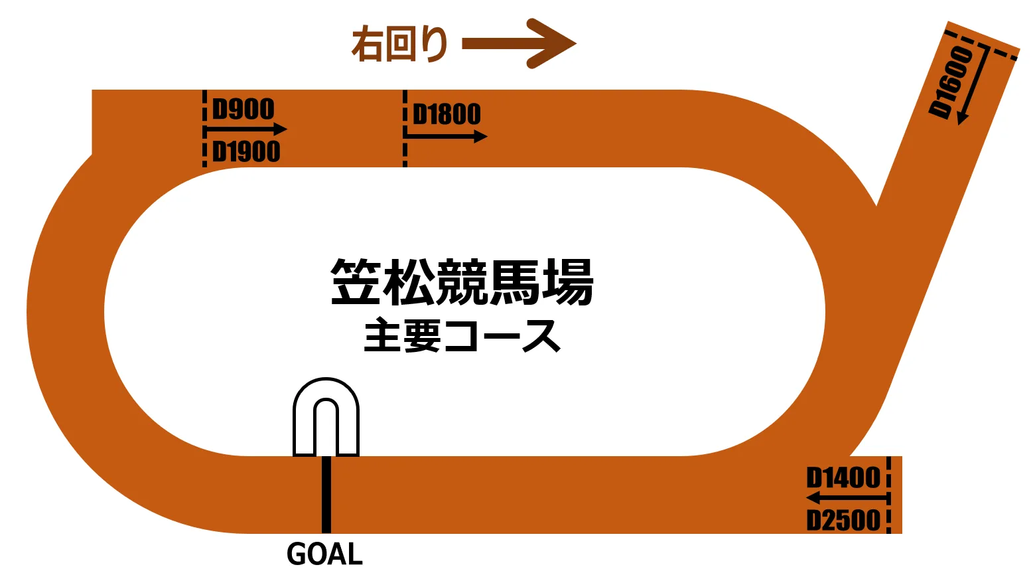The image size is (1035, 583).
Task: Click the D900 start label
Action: coord(243,110)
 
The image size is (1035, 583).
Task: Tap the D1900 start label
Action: coord(246,152)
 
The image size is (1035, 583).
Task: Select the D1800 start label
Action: coord(447,114)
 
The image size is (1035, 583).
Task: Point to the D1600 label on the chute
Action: coord(951,82)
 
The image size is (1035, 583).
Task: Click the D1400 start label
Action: coord(843,477)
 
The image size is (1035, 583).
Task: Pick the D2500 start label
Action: coord(843,520)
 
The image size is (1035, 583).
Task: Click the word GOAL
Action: coord(324,554)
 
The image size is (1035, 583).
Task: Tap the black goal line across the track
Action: coord(326,494)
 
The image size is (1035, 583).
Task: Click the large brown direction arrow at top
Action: coord(519,44)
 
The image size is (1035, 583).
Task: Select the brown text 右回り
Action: coord(399,44)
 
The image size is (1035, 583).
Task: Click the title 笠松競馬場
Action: coord(462,282)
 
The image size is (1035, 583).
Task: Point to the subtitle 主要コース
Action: coord(462,335)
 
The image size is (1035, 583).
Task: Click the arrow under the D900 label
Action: coord(246,129)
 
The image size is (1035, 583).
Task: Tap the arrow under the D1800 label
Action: coord(446,137)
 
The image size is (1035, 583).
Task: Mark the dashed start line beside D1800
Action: coord(405,127)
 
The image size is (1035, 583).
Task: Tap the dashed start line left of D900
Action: coord(204,127)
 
